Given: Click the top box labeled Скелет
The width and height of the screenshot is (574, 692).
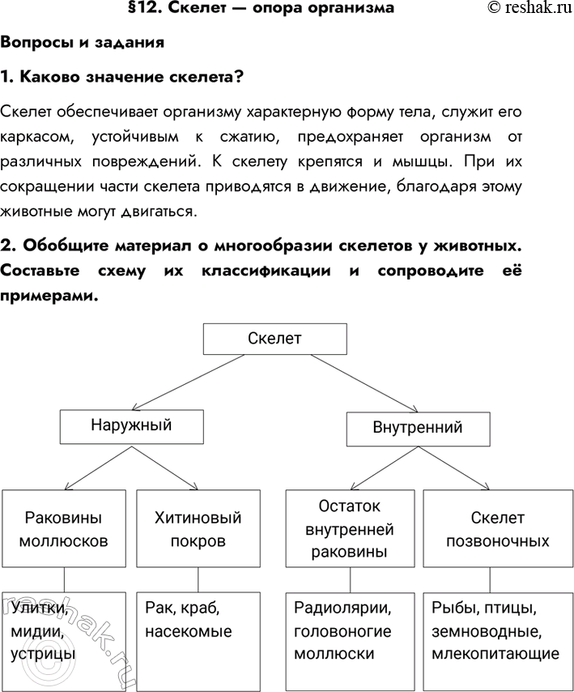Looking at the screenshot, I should (x=274, y=339).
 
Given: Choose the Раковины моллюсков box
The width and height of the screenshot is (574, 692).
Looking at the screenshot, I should (x=64, y=528).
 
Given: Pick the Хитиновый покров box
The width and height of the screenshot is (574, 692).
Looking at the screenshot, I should (x=198, y=528).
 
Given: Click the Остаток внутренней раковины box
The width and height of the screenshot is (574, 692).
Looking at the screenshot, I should (x=350, y=528).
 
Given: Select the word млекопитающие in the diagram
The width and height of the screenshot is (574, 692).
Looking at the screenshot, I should (x=495, y=654).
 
